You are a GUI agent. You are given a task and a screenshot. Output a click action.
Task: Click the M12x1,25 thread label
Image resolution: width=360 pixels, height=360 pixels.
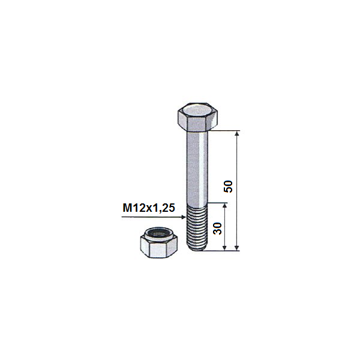(149, 208)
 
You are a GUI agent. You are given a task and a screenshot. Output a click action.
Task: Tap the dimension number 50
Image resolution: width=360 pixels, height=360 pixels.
(228, 187)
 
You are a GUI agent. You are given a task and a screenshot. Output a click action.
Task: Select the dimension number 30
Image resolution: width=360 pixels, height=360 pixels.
(217, 229)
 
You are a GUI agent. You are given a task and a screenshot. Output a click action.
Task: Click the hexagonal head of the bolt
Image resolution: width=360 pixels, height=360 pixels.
(197, 117)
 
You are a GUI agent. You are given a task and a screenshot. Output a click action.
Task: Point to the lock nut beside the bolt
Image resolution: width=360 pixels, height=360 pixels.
(158, 242)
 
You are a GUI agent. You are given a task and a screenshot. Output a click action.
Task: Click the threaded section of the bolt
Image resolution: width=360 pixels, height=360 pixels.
(197, 227)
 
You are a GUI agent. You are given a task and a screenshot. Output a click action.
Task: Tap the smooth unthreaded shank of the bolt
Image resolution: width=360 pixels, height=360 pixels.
(197, 167)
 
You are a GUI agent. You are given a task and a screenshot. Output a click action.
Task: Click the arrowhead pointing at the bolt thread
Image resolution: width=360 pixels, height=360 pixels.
(184, 217)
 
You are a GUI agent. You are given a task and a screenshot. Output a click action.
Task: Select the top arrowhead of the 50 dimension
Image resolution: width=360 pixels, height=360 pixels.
(237, 133)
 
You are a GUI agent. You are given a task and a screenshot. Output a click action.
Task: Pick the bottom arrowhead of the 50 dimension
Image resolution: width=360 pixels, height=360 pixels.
(237, 248)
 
